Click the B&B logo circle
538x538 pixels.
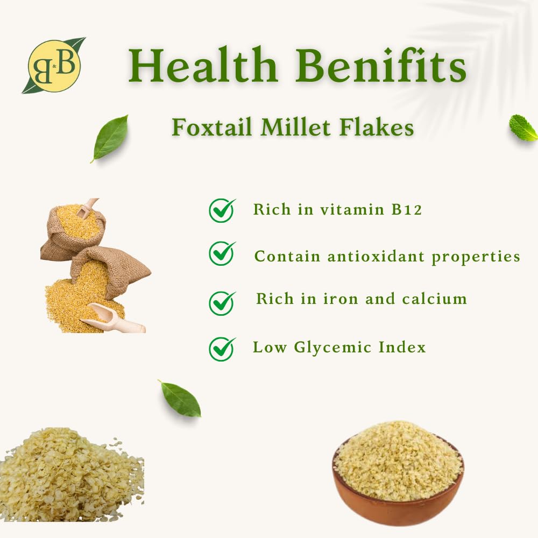(54, 66)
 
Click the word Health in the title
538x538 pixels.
(203, 65)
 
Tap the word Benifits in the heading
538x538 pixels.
(380, 65)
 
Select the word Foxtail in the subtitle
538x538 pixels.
(211, 127)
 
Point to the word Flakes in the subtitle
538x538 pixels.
(377, 127)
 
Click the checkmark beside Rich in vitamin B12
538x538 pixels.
(222, 210)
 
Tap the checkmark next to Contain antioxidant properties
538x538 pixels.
(222, 253)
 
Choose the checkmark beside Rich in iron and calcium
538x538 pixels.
(222, 303)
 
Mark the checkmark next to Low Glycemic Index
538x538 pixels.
(222, 349)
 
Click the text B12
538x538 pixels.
(407, 209)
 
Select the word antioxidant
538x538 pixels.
(376, 256)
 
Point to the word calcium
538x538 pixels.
(434, 299)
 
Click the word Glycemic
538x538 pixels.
(332, 348)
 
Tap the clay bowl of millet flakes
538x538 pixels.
(398, 473)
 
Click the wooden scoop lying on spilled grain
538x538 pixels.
(113, 318)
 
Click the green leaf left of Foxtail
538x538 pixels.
(110, 138)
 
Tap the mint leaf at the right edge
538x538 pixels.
(523, 128)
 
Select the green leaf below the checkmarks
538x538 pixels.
(180, 398)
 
